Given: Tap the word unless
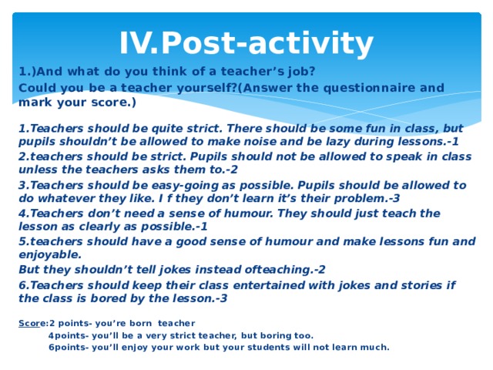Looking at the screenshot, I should pyautogui.click(x=39, y=170).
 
